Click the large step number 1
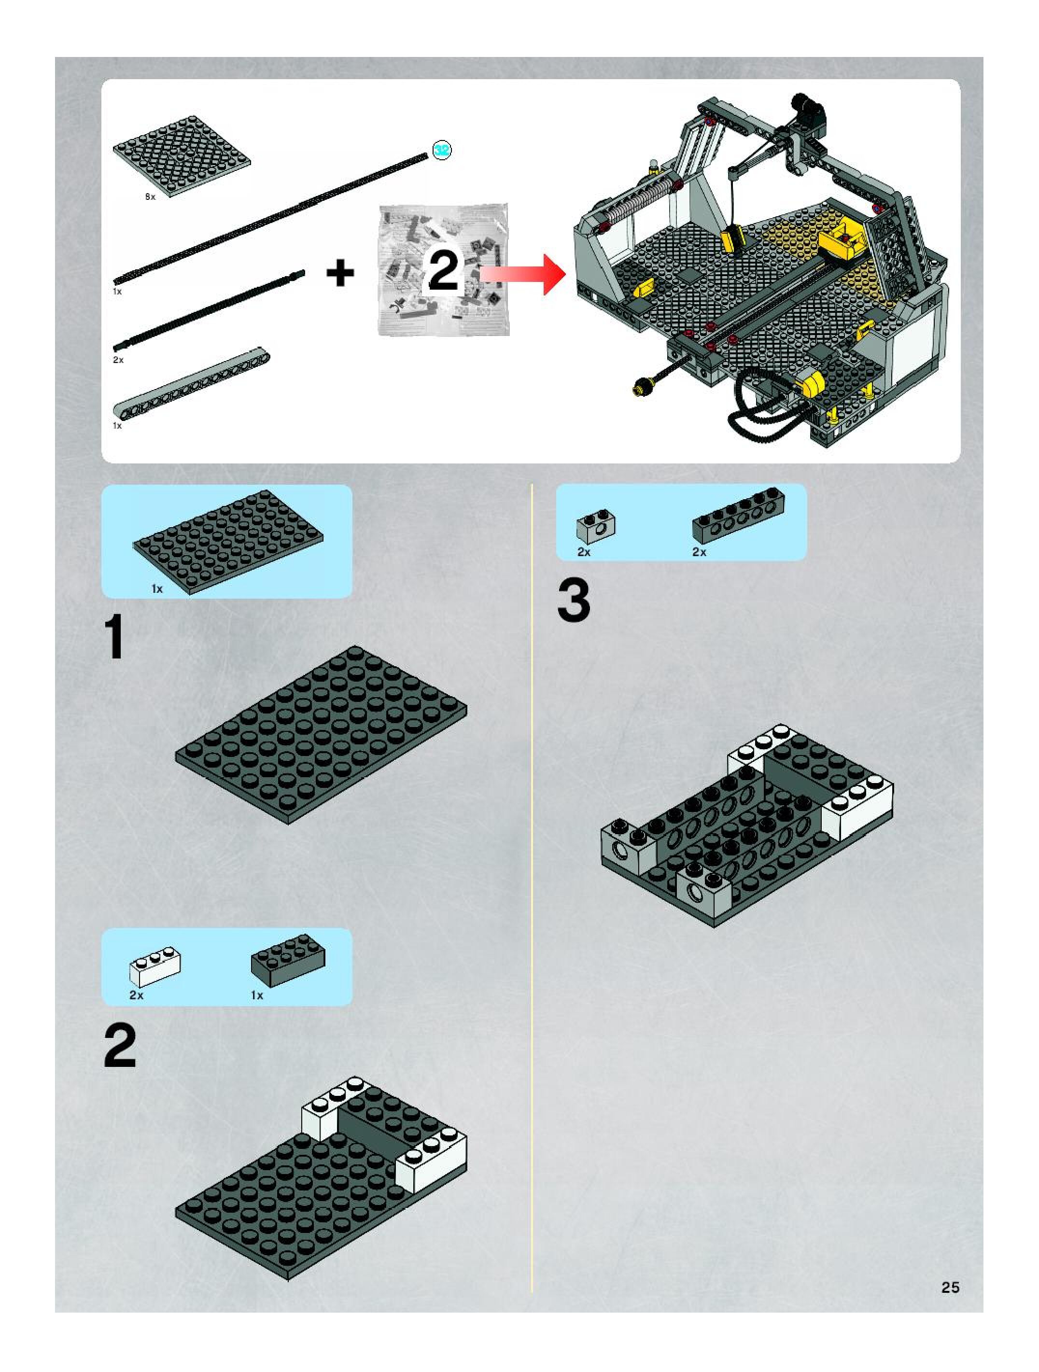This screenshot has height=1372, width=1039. [115, 639]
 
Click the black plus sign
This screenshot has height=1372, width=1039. [340, 274]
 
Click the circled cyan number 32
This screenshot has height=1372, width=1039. [442, 150]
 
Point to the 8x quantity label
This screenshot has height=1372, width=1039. [150, 196]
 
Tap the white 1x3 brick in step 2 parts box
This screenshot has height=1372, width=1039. [155, 966]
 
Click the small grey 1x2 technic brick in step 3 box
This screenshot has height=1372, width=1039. [595, 527]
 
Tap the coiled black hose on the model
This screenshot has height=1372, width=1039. [756, 403]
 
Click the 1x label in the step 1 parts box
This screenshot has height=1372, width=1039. [157, 588]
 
